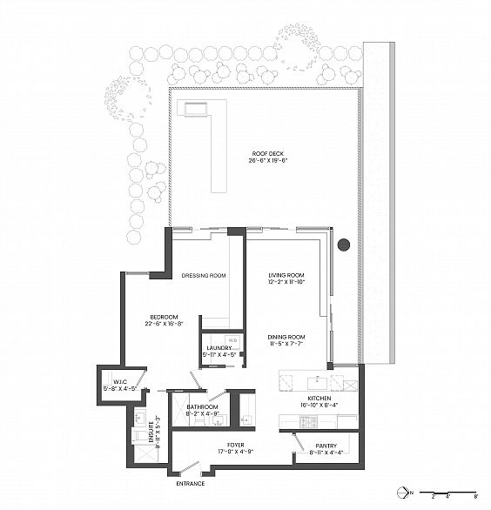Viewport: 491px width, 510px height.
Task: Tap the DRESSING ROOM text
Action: pyautogui.click(x=204, y=276)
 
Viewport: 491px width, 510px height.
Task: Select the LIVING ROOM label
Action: pyautogui.click(x=286, y=275)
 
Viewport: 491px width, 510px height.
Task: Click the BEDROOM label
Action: pyautogui.click(x=163, y=316)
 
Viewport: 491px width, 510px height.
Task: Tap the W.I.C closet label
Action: pyautogui.click(x=116, y=382)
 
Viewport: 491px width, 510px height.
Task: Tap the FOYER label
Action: pyautogui.click(x=232, y=445)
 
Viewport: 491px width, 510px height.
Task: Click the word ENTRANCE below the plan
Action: pyautogui.click(x=191, y=483)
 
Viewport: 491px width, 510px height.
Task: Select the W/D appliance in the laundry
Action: pyautogui.click(x=233, y=339)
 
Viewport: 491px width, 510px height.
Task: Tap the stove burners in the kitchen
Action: pyautogui.click(x=309, y=422)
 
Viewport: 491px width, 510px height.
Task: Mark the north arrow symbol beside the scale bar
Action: pyautogui.click(x=403, y=489)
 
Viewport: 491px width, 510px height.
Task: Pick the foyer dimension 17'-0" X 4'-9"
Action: pyautogui.click(x=232, y=453)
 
